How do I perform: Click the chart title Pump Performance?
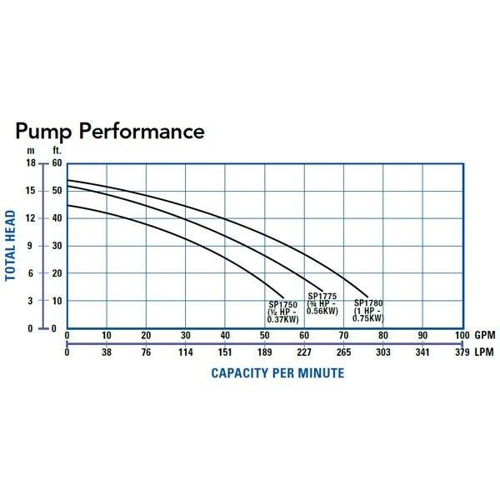click(109, 132)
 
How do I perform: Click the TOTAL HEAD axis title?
click(12, 246)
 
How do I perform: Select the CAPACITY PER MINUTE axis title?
click(277, 372)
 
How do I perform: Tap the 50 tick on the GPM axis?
click(264, 335)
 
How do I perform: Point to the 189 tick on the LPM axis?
click(264, 352)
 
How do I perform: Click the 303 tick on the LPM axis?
click(383, 352)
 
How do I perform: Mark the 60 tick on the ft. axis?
click(57, 163)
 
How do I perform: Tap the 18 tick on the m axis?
click(31, 163)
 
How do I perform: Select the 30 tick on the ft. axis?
click(57, 246)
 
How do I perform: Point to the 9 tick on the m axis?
click(32, 246)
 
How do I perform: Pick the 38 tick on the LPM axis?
click(106, 352)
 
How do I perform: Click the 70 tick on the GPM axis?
click(343, 335)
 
